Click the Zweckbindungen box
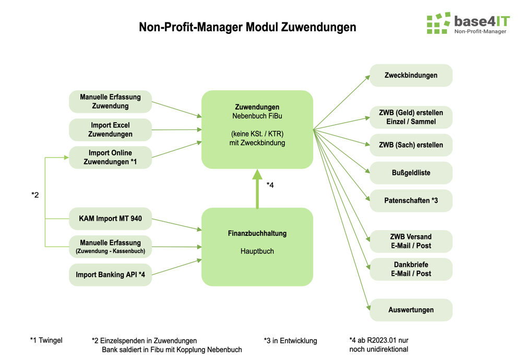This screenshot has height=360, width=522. click(411, 75)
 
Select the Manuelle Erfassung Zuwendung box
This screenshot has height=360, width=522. click(110, 102)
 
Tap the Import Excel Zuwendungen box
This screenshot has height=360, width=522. click(110, 130)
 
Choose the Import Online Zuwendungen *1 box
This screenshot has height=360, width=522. click(110, 158)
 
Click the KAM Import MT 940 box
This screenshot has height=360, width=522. click(110, 219)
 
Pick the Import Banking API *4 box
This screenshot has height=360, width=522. click(110, 275)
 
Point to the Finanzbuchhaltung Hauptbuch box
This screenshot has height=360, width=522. click(257, 247)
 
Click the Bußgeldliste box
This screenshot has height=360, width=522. click(411, 173)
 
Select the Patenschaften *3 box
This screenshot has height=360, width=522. click(411, 201)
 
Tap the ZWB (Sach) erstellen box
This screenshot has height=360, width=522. click(411, 145)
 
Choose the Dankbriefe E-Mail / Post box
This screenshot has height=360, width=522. click(411, 269)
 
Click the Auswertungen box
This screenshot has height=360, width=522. click(411, 310)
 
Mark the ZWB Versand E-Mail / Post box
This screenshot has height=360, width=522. click(411, 241)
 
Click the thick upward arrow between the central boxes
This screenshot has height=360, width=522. click(257, 189)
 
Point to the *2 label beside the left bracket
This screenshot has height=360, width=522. click(35, 195)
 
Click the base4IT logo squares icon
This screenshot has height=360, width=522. click(438, 23)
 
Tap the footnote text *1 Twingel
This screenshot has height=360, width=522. click(46, 341)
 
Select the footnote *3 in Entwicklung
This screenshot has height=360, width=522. click(290, 341)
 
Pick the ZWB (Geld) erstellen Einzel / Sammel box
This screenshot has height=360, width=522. click(411, 117)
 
